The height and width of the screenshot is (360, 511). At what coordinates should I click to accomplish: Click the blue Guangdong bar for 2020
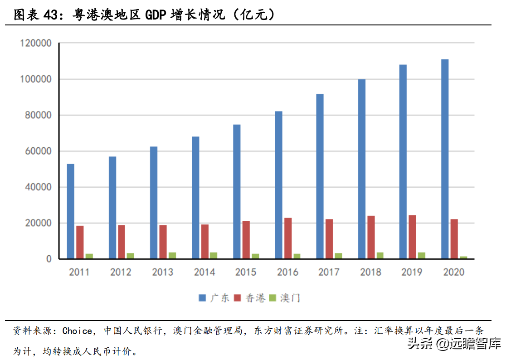pyautogui.click(x=445, y=159)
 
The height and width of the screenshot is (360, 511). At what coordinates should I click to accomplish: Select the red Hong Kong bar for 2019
pyautogui.click(x=412, y=237)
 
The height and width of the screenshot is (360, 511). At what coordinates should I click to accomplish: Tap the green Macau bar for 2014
pyautogui.click(x=214, y=255)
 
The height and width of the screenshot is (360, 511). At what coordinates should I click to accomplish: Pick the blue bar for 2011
pyautogui.click(x=71, y=211)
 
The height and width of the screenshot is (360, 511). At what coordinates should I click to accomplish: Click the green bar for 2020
pyautogui.click(x=463, y=258)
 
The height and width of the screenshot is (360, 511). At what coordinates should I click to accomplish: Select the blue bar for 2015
pyautogui.click(x=237, y=191)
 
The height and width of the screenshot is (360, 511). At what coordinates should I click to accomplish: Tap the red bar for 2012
pyautogui.click(x=122, y=242)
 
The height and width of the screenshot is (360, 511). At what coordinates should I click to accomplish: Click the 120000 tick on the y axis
pyautogui.click(x=36, y=44)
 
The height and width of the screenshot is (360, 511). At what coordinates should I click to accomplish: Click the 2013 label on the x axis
pyautogui.click(x=162, y=272)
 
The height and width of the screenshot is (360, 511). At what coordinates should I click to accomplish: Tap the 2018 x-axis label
pyautogui.click(x=370, y=272)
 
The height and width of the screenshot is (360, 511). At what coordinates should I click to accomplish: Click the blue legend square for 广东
pyautogui.click(x=202, y=298)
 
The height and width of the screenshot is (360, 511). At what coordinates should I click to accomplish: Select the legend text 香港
pyautogui.click(x=255, y=298)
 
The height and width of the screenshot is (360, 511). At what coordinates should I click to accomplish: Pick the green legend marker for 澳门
pyautogui.click(x=273, y=298)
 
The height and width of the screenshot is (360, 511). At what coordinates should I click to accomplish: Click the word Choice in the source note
pyautogui.click(x=77, y=331)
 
